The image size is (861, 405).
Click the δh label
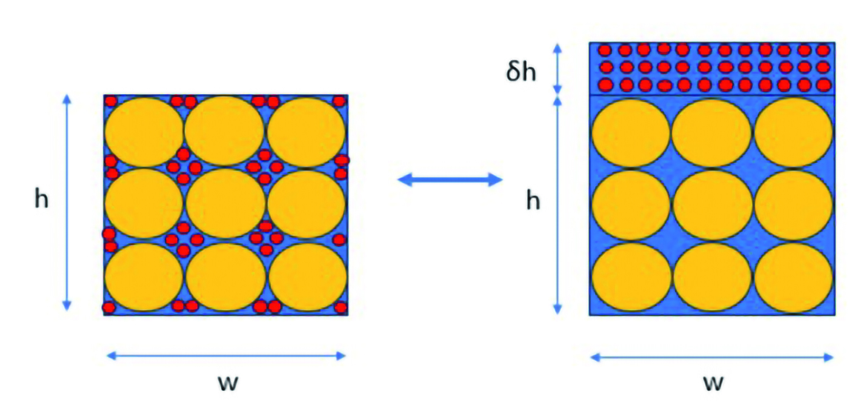click(521, 72)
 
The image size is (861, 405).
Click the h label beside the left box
click(41, 199)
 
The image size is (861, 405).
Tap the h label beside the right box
click(533, 201)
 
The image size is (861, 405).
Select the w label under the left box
click(227, 383)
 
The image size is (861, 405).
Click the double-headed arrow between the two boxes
click(450, 179)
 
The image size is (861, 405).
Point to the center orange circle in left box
click(225, 203)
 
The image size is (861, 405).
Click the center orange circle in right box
click(712, 204)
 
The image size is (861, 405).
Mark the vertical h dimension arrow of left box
click(67, 201)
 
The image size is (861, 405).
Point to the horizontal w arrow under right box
click(712, 358)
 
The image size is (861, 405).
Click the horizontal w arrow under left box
click(226, 356)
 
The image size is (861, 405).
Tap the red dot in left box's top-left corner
click(110, 101)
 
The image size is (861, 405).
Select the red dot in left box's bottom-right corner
click(341, 307)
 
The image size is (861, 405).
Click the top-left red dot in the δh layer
click(606, 50)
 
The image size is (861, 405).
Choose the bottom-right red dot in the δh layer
click(823, 84)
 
